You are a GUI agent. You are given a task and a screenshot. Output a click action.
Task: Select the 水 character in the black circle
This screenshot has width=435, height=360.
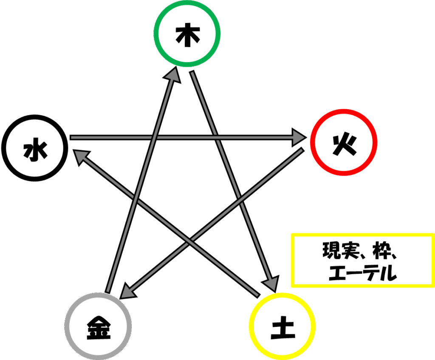pyautogui.click(x=35, y=151)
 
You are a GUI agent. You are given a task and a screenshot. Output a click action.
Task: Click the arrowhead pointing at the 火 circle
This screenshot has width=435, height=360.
pyautogui.click(x=299, y=137)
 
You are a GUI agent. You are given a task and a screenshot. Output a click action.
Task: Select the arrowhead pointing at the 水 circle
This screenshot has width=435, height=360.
pyautogui.click(x=82, y=157)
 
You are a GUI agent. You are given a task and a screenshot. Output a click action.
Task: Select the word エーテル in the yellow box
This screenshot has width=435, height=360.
pyautogui.click(x=363, y=272)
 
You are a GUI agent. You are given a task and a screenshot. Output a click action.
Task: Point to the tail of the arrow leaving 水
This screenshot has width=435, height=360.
pyautogui.click(x=71, y=137)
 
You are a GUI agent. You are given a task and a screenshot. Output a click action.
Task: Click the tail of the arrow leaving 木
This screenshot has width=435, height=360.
pyautogui.click(x=192, y=72)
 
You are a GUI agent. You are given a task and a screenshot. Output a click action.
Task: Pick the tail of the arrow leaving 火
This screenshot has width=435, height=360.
pyautogui.click(x=302, y=150)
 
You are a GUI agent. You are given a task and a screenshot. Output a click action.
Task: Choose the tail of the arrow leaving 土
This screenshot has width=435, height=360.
pyautogui.click(x=258, y=296)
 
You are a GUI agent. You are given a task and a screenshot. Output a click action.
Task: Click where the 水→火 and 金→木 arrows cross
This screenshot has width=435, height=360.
pyautogui.click(x=154, y=137)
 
